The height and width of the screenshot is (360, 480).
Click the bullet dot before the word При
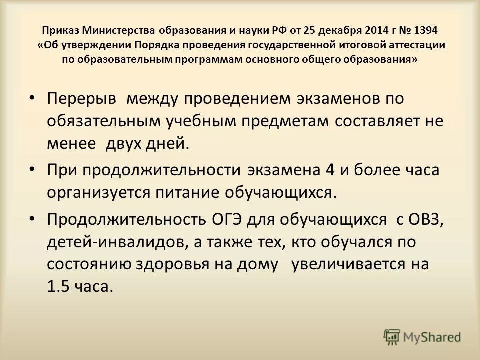(x=32, y=170)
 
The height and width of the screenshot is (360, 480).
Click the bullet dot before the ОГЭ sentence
(x=32, y=219)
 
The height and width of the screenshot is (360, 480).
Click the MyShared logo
(x=422, y=337)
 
